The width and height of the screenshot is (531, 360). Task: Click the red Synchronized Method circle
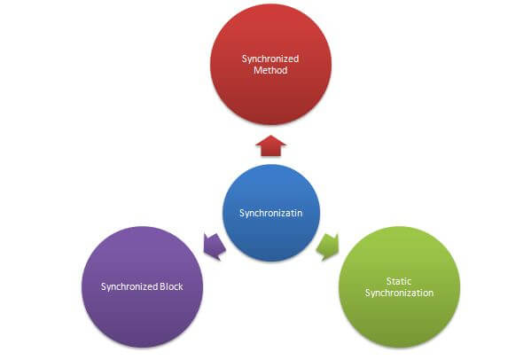(270, 65)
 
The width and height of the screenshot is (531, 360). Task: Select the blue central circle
(271, 213)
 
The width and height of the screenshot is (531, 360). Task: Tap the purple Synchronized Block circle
(142, 286)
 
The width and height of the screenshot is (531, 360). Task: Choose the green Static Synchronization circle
(399, 287)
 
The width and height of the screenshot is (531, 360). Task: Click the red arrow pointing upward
(270, 146)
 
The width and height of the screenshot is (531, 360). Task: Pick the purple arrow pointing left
(215, 247)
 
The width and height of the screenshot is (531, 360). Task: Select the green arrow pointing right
(327, 247)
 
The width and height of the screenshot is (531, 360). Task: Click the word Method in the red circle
(270, 70)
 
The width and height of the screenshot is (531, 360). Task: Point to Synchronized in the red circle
(270, 59)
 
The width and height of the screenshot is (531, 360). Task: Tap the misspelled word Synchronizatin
(271, 213)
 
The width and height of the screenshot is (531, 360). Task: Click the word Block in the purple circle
(171, 286)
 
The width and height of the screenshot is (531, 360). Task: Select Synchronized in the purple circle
(129, 287)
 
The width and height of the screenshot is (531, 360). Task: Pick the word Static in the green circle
(399, 281)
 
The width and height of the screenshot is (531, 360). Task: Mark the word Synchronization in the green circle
(399, 293)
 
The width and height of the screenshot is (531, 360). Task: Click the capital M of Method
(258, 70)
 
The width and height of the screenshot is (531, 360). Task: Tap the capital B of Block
(163, 286)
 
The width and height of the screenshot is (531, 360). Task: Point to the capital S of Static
(389, 281)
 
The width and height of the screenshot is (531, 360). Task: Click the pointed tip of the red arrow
(270, 136)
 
